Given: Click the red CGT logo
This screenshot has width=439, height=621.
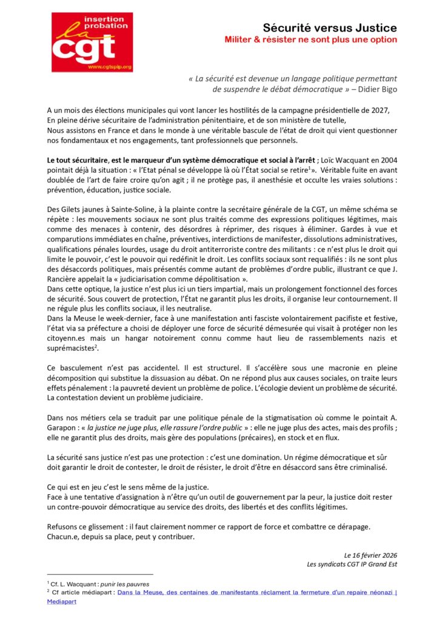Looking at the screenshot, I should click(92, 42).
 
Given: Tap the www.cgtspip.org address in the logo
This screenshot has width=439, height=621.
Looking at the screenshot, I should click(109, 67).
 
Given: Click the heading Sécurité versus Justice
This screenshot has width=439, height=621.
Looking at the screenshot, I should click(330, 28).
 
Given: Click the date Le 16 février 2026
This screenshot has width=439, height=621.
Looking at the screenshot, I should click(370, 555).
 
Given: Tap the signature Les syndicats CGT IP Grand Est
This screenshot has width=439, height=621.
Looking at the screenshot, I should click(352, 565).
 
